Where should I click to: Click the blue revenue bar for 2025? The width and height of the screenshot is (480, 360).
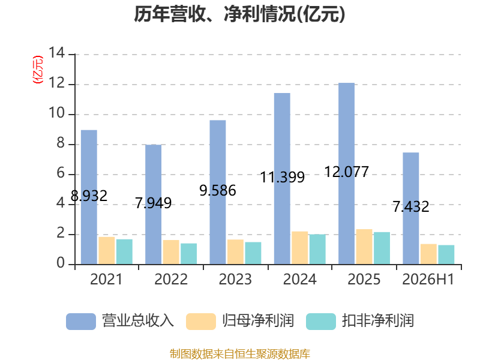347,173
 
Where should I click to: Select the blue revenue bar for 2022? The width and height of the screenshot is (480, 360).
154,205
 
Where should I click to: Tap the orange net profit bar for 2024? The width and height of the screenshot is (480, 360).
299,248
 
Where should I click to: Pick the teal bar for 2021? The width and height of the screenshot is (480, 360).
124,251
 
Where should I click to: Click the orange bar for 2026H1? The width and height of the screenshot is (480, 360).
428,254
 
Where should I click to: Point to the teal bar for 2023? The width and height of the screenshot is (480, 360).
253,253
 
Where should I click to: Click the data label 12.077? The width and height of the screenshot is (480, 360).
347,172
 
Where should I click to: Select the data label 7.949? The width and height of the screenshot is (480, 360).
154,203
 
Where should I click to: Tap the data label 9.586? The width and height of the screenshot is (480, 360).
218,190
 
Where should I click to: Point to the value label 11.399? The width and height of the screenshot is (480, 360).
282,177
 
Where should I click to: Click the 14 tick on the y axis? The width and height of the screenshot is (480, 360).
57,53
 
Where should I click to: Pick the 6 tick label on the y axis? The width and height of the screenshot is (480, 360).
61,173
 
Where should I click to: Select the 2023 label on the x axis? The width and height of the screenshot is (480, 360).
235,279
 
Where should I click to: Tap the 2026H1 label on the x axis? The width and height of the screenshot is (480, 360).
428,279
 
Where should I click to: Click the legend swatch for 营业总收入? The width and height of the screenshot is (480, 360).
81,322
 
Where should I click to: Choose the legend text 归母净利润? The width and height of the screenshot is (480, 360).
258,321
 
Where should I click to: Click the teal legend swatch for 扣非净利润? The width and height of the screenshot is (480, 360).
321,322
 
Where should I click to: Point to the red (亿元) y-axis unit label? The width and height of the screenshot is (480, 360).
38,70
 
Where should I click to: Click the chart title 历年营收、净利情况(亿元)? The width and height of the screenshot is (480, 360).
239,14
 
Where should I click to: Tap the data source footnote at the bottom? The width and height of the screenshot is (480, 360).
240,354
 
